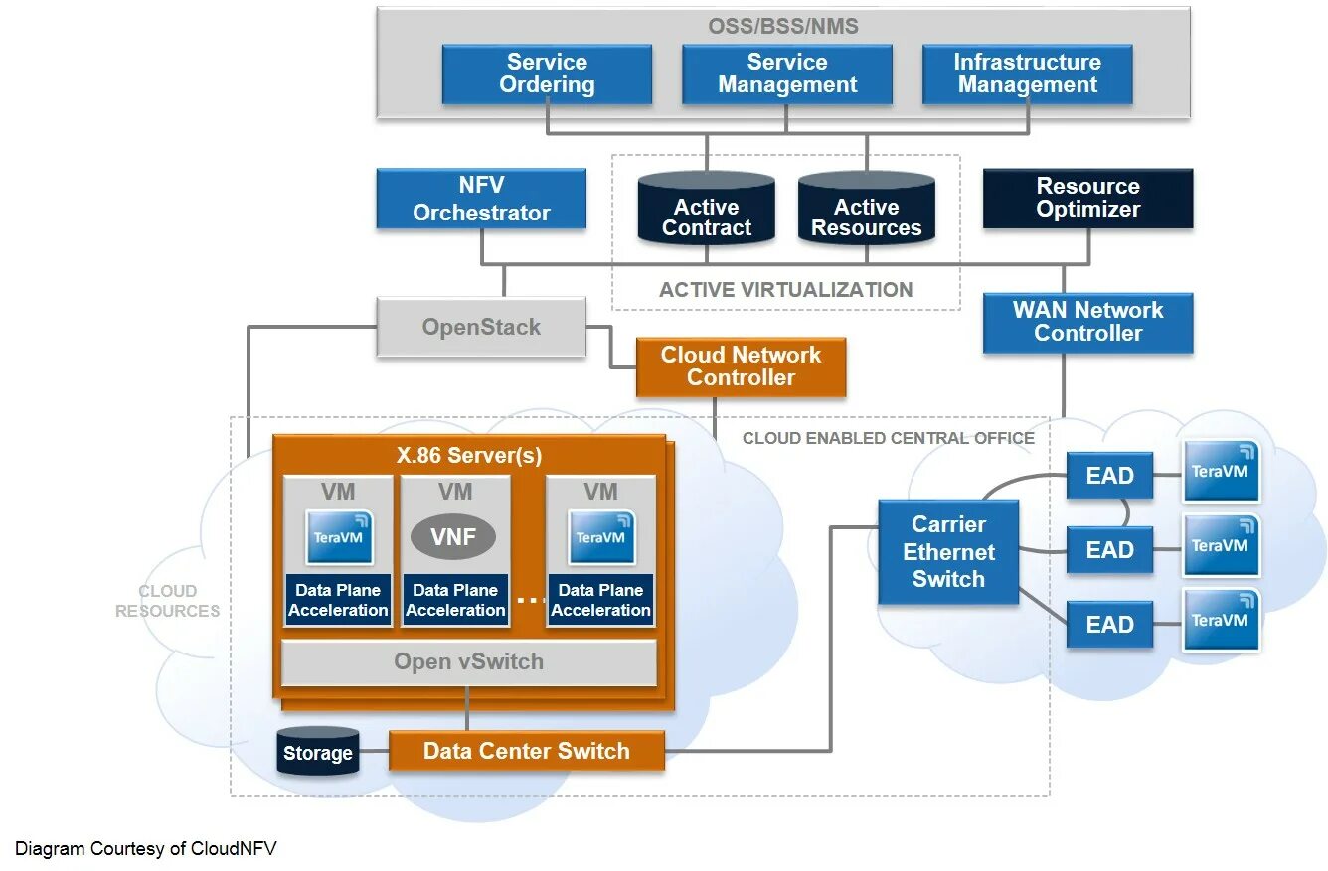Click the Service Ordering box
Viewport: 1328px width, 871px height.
click(547, 74)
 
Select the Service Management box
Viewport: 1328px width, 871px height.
click(786, 74)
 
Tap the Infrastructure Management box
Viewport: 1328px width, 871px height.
click(1027, 74)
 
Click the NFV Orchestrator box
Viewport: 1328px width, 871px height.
click(481, 199)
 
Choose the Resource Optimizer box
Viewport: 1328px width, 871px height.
click(1087, 199)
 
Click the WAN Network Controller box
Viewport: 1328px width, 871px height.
click(1087, 322)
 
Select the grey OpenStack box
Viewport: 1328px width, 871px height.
click(481, 327)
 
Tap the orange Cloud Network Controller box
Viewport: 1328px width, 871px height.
click(741, 366)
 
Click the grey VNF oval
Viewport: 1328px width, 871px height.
click(453, 537)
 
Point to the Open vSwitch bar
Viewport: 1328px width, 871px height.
click(468, 662)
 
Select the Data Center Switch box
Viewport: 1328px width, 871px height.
click(526, 751)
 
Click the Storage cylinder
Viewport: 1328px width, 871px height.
click(317, 753)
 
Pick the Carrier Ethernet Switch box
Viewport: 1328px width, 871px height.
click(948, 552)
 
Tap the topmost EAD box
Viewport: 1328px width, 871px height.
click(1109, 476)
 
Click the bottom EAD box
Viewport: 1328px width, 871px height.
click(1109, 625)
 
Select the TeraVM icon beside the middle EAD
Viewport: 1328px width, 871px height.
click(1221, 545)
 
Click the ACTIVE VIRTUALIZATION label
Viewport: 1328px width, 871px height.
click(785, 290)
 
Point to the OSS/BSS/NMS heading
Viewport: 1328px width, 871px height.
click(783, 27)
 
